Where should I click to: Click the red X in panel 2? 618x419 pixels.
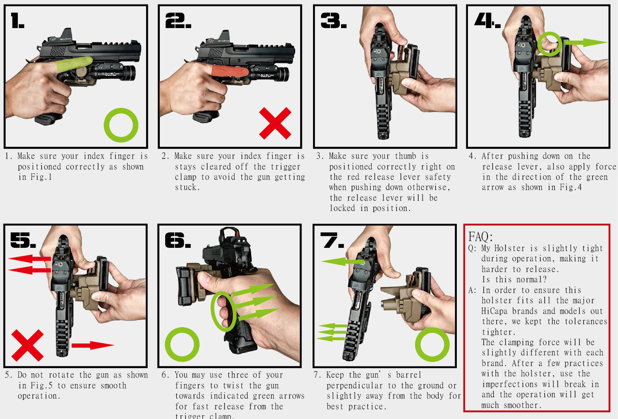coord(275,123)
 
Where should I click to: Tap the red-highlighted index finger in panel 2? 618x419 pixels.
coord(229,71)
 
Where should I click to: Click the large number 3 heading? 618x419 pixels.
coord(333,21)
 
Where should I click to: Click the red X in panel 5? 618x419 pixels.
coord(28,345)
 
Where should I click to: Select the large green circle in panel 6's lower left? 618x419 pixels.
coord(182,345)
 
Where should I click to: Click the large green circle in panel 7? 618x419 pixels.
coord(432,345)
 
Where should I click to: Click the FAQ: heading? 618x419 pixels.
coord(480,236)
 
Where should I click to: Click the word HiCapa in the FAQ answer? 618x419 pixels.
coord(494,311)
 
